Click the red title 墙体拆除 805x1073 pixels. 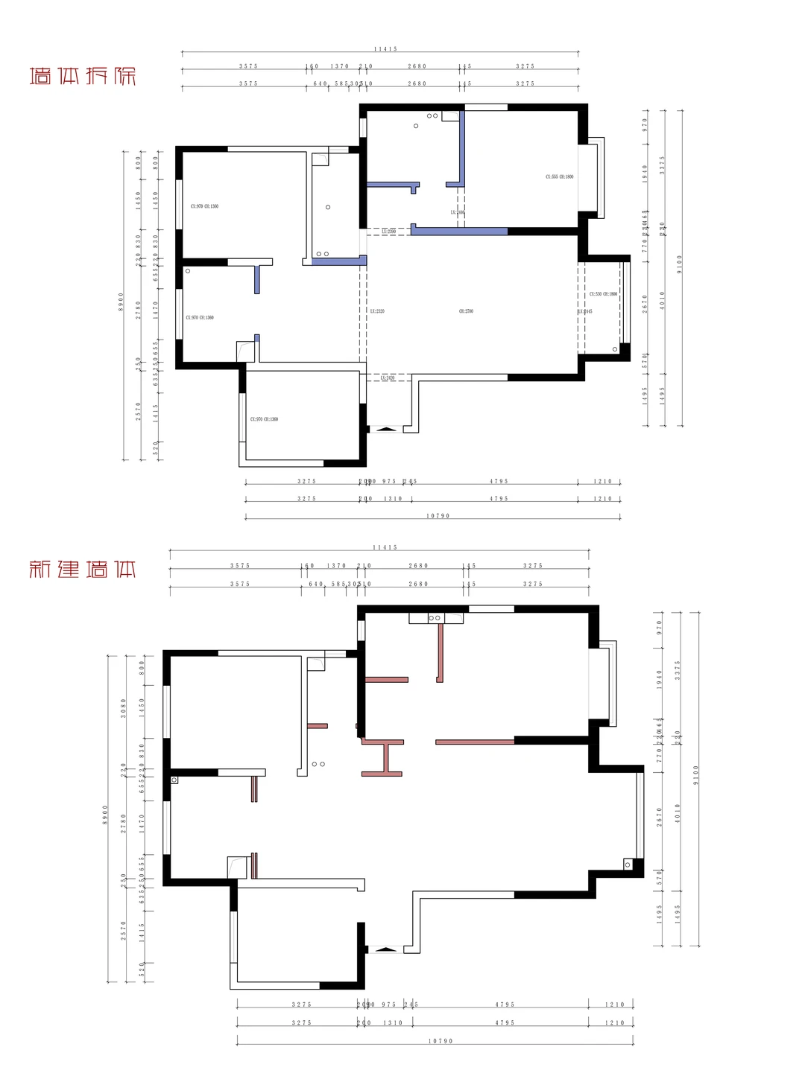(x=83, y=76)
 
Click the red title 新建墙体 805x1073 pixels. (x=83, y=570)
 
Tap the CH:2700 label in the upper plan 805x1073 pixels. (x=466, y=311)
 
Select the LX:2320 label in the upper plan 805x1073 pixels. (x=377, y=311)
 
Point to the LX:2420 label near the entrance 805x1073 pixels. (x=388, y=378)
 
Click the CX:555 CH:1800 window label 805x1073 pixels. (x=559, y=177)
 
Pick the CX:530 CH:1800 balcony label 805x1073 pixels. (x=603, y=294)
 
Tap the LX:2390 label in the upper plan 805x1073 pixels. (x=388, y=232)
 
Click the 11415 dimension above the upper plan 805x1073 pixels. (x=385, y=49)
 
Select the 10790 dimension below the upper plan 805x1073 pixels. (x=438, y=516)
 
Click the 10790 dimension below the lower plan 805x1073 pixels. (x=441, y=1041)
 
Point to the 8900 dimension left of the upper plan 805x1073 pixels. (x=121, y=302)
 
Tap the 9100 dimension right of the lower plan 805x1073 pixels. (x=696, y=775)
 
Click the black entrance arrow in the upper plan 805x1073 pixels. (x=385, y=429)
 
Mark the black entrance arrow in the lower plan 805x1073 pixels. (x=385, y=949)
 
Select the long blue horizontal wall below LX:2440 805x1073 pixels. (x=459, y=231)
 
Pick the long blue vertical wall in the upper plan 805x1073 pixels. (x=462, y=147)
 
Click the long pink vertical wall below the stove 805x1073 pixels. (x=441, y=652)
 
